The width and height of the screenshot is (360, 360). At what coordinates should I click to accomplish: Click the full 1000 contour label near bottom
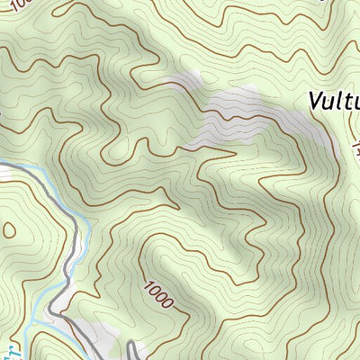[157, 293]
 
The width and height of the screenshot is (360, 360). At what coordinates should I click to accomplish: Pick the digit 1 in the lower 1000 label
[147, 285]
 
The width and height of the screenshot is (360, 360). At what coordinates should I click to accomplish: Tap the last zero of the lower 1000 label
[168, 302]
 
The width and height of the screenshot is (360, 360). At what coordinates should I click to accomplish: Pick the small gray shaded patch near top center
[184, 81]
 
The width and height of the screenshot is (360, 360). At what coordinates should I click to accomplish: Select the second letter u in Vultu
[354, 100]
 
